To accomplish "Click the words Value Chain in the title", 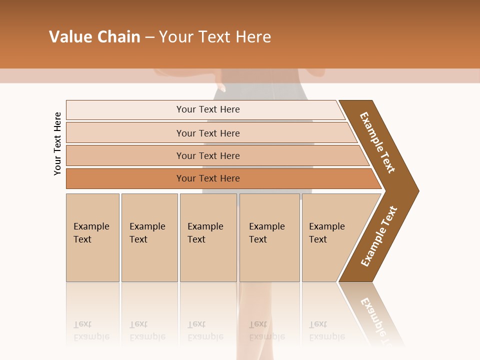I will (94, 37).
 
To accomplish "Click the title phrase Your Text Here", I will (215, 37).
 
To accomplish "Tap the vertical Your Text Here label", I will (57, 143).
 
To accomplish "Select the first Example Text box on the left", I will (92, 237).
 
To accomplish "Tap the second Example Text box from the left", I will (149, 237).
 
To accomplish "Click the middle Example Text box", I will (208, 237).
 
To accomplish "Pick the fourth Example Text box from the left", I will (269, 237).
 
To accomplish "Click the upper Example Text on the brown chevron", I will (377, 142).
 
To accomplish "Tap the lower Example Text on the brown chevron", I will (378, 236).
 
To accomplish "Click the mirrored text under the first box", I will (91, 330).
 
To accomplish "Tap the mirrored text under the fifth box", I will (326, 330).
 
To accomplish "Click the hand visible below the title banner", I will (221, 88).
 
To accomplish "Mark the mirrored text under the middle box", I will (205, 330).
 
